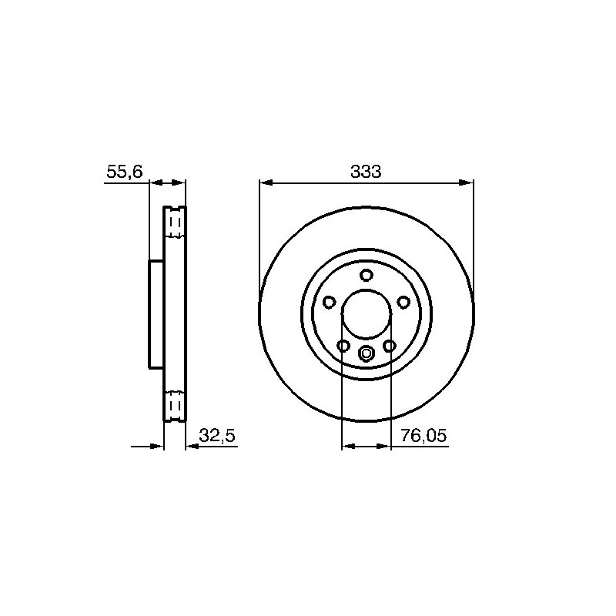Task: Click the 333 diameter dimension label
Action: click(x=366, y=172)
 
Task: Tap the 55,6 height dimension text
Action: click(x=125, y=172)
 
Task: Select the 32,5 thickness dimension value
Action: click(x=217, y=435)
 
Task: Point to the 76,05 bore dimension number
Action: click(x=423, y=435)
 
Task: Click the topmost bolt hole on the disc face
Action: click(x=367, y=275)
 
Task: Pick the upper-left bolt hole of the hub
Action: click(x=330, y=302)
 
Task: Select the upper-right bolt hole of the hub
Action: click(x=403, y=302)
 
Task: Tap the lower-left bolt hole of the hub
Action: click(x=343, y=346)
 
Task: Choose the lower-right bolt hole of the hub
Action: click(x=390, y=346)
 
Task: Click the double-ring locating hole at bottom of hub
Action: click(x=367, y=353)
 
